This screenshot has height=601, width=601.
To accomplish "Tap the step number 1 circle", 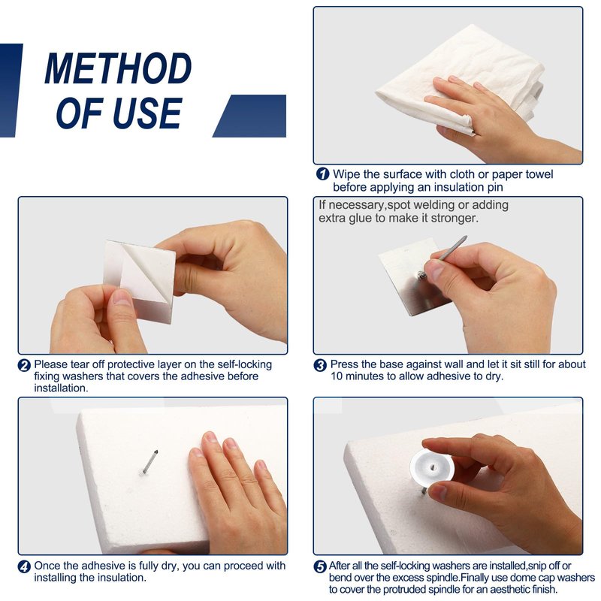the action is [323, 174].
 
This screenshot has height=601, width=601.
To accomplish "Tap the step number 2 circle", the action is [24, 365].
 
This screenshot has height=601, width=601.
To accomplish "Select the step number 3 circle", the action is [320, 365].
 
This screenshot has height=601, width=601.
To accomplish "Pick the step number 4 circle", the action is [24, 566].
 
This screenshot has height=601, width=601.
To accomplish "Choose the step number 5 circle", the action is [320, 566].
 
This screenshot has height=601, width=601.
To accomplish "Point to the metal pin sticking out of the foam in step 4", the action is [149, 461].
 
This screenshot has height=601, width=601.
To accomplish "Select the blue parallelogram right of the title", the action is [249, 116].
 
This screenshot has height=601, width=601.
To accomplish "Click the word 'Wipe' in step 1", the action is [346, 174].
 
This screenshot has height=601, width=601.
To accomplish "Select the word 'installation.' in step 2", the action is [61, 388].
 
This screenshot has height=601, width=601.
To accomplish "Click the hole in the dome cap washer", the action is [433, 467].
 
